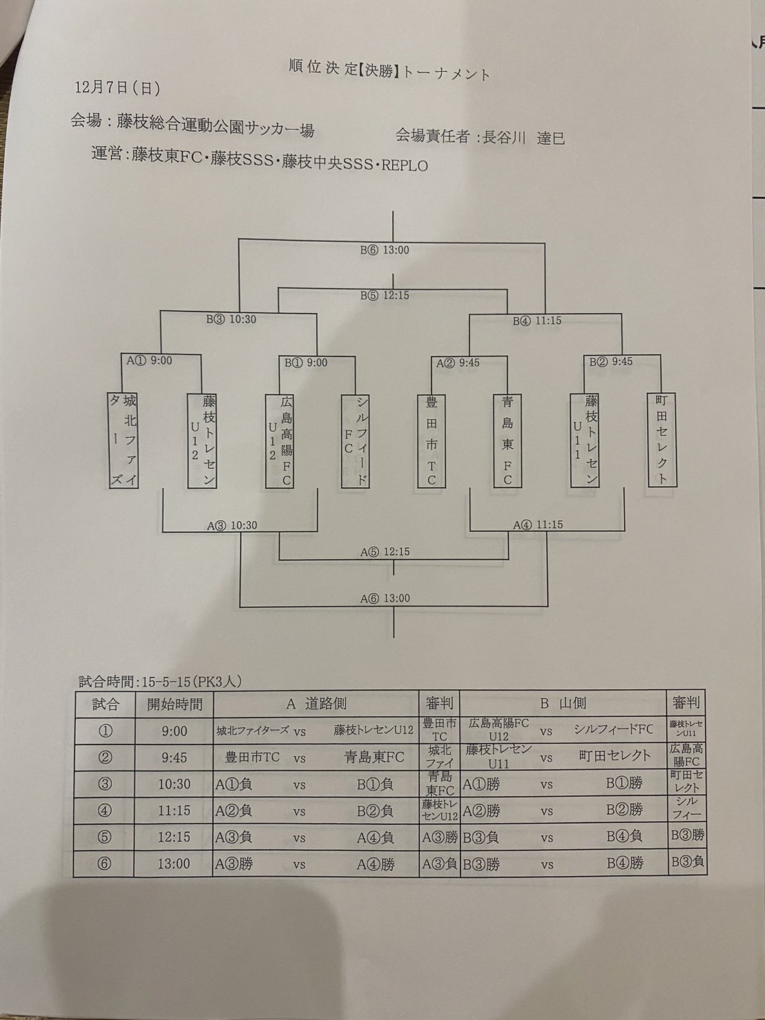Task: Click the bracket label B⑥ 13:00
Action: pos(385,250)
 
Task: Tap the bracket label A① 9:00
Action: pos(148,360)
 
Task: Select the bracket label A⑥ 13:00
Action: pos(385,598)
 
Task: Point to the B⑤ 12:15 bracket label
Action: pos(385,295)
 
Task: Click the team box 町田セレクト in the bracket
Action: pos(662,440)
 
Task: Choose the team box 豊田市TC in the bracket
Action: pos(432,441)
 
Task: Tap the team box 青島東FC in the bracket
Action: pos(507,441)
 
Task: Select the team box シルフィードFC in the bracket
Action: pos(356,441)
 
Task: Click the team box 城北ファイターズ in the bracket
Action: pos(124,441)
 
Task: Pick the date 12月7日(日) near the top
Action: pos(117,88)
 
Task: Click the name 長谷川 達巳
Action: pos(523,137)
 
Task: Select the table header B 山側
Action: pos(563,704)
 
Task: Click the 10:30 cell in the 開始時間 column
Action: pos(174,784)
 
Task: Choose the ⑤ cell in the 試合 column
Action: pos(105,837)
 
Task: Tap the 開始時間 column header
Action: pos(175,704)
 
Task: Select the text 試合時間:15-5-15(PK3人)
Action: pos(159,682)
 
